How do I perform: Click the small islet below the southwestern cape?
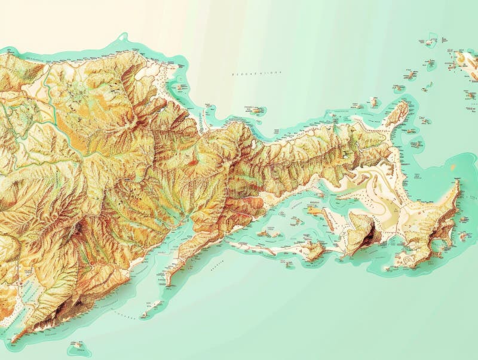tap(77, 345)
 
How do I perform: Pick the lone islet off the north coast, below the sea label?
tap(256, 110)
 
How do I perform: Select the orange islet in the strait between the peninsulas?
tap(314, 208)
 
